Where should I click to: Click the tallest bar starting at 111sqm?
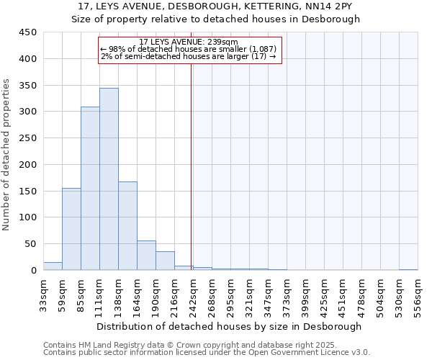tap(109, 179)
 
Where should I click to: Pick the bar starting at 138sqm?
tap(127, 225)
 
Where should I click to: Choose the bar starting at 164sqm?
tap(146, 256)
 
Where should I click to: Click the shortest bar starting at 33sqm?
tap(53, 266)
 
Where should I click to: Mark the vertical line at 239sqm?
tap(191, 166)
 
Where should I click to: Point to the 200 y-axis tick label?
tap(28, 164)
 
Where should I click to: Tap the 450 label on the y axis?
tap(28, 32)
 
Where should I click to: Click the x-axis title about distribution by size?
tap(229, 326)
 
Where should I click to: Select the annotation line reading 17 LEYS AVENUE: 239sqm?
tap(189, 42)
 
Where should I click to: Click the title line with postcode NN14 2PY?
tap(216, 6)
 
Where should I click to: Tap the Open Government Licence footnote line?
tap(207, 353)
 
